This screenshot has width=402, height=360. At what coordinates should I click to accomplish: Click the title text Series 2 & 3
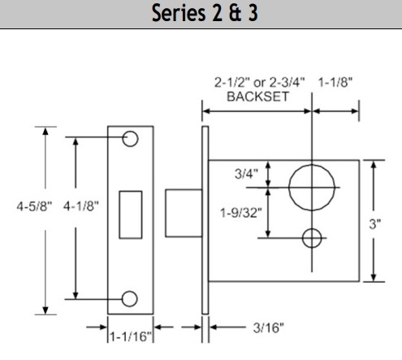[201, 14]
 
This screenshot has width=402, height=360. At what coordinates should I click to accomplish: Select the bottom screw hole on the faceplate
[130, 297]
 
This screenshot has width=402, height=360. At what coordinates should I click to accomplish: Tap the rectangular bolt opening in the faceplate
[131, 215]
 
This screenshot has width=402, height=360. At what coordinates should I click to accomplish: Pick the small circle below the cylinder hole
[312, 237]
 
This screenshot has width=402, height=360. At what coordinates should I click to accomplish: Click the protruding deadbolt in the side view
[181, 215]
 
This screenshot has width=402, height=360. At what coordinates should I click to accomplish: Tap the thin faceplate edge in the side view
[205, 219]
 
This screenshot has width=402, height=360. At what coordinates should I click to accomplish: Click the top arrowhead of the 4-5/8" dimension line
[45, 131]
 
